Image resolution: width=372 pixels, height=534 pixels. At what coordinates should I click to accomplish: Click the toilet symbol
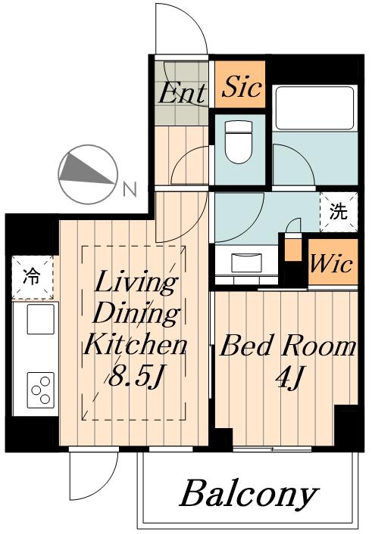[239, 142]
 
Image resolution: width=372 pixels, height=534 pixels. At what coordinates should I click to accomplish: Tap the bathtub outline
[314, 107]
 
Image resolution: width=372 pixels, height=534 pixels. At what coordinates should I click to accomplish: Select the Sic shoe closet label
[241, 87]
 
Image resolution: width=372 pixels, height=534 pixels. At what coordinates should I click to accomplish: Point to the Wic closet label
[331, 264]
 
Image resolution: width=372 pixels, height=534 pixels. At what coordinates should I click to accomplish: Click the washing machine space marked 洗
[338, 213]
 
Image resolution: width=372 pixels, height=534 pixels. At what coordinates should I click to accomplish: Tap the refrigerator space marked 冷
[33, 278]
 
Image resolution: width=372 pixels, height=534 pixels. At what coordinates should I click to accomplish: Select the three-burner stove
[41, 390]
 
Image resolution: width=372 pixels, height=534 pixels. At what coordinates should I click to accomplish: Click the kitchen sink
[41, 319]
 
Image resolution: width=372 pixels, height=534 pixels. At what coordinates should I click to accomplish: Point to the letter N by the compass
[130, 189]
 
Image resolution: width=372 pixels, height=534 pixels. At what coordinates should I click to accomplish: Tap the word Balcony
[249, 494]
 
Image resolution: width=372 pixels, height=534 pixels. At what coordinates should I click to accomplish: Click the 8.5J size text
[134, 377]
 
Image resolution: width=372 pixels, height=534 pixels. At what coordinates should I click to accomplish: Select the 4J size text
[289, 377]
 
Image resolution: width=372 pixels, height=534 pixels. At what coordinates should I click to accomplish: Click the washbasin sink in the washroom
[247, 262]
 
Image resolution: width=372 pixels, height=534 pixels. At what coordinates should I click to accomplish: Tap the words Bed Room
[287, 346]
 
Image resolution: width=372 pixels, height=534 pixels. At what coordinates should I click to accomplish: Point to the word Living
[136, 284]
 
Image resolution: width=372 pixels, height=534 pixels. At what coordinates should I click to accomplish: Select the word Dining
[136, 314]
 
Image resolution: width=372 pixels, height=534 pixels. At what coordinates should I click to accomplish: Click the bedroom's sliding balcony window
[272, 449]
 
